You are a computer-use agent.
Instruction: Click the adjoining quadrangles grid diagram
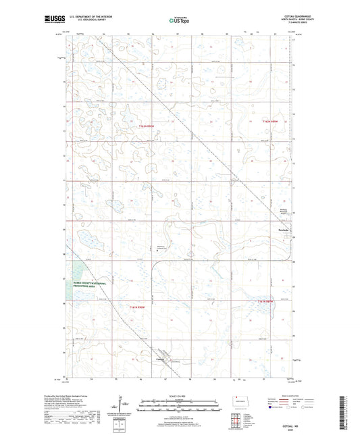coord(237,419)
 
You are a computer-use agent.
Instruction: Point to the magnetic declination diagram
coord(119,405)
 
